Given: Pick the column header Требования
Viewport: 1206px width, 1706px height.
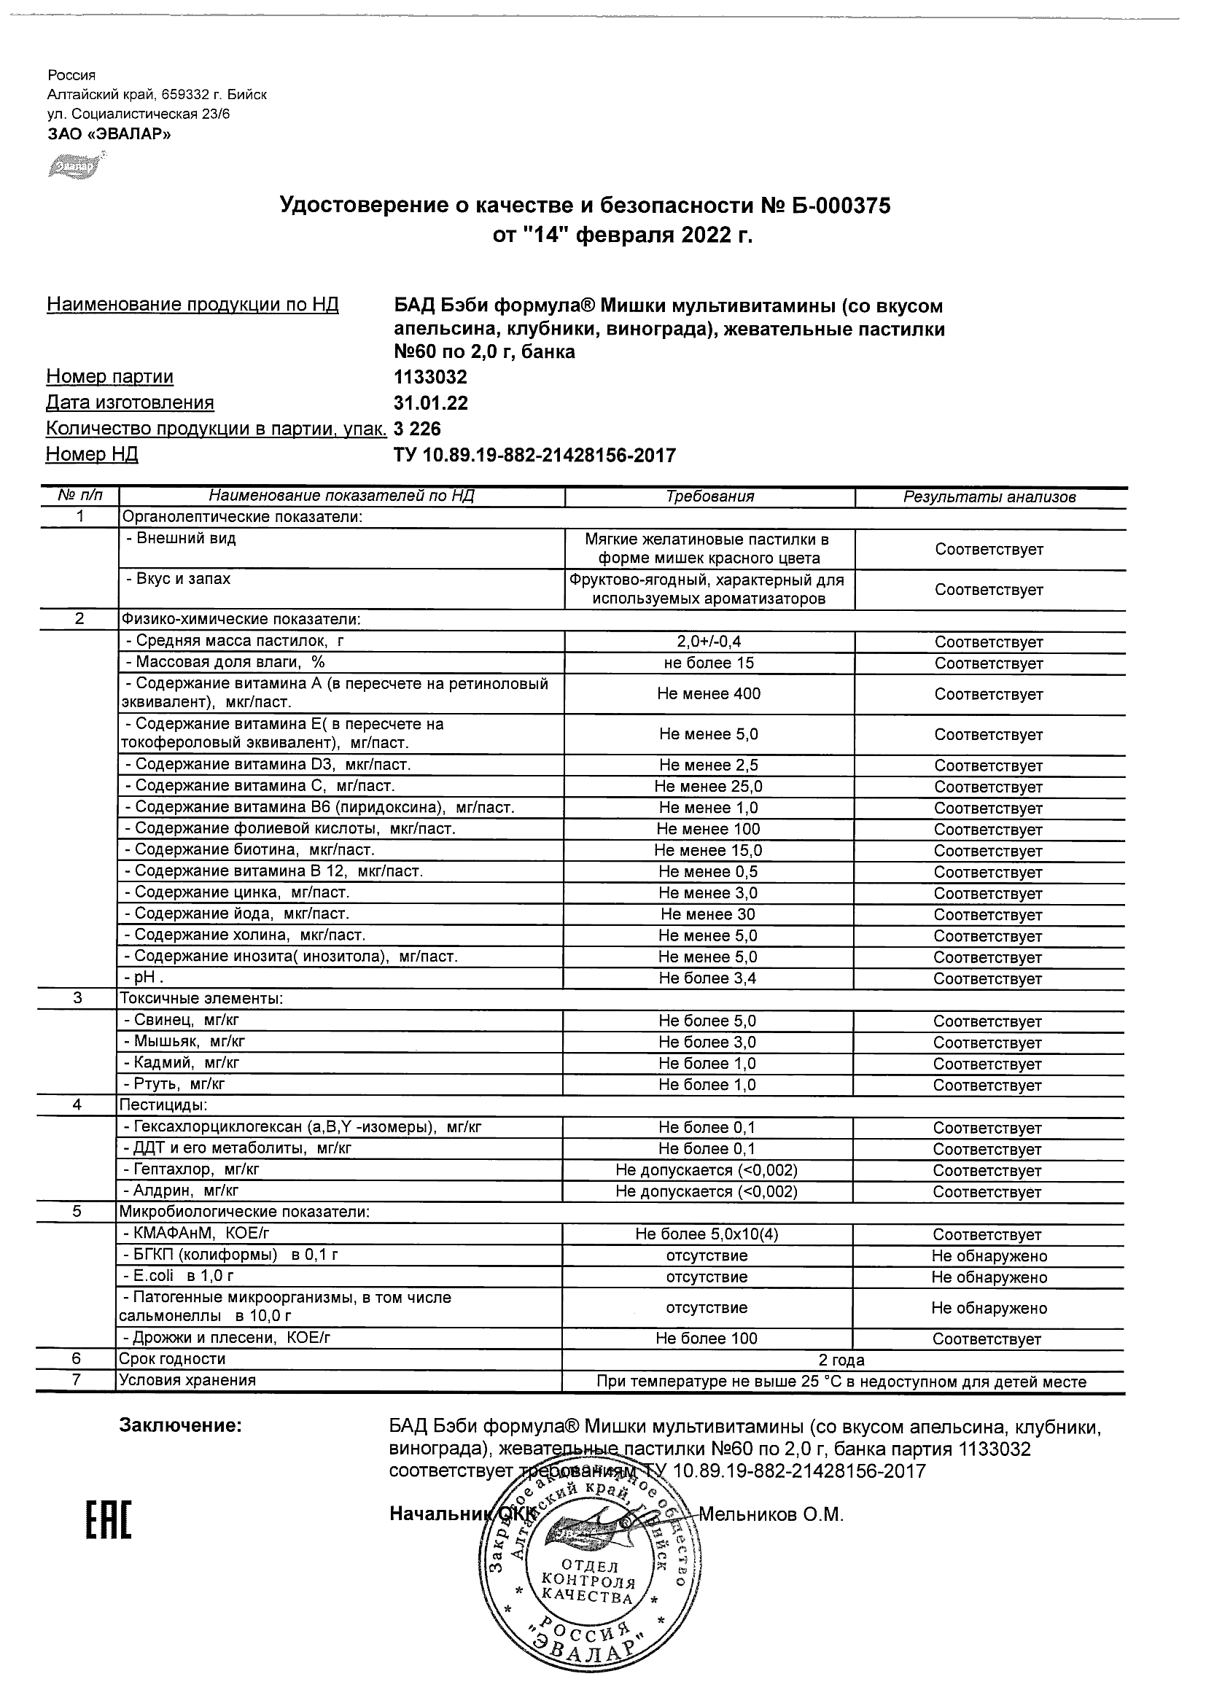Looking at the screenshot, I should (x=709, y=497).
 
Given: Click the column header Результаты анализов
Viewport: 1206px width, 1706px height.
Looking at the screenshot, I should (x=989, y=497).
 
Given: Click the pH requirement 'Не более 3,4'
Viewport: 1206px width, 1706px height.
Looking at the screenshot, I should (x=707, y=978).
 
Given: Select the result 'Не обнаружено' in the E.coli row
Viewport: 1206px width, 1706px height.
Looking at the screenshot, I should (x=989, y=1277).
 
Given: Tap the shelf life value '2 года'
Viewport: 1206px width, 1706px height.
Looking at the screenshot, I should (x=841, y=1360).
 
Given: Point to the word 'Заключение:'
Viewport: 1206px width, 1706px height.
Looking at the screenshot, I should (x=181, y=1426).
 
